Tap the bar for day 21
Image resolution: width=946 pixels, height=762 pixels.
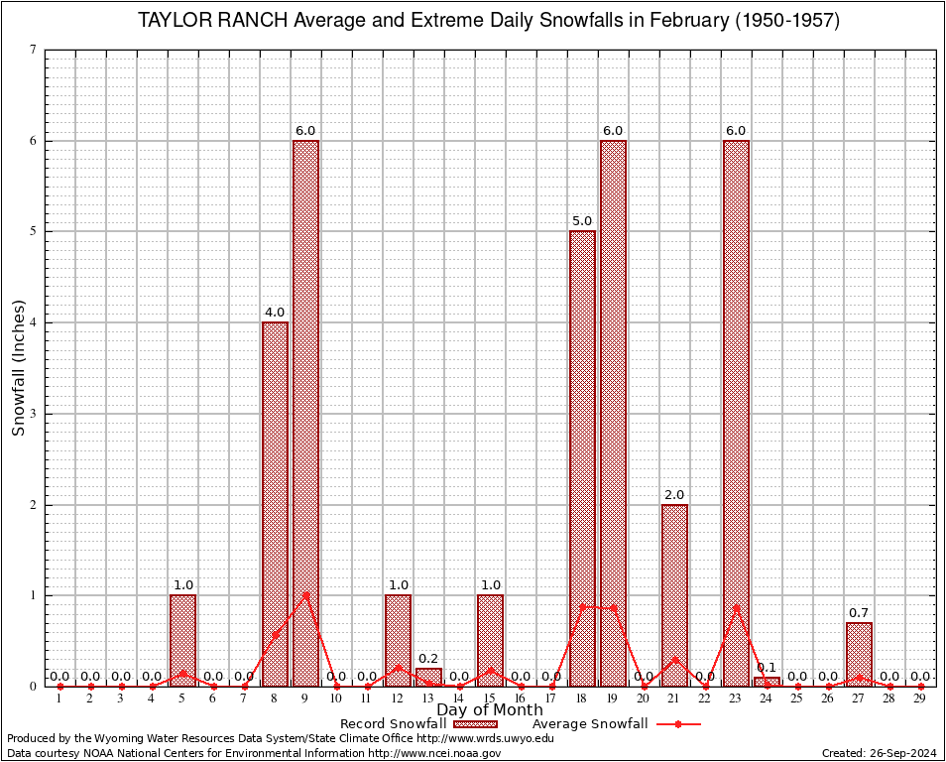[x=674, y=595]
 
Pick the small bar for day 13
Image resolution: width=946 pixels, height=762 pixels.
[x=428, y=678]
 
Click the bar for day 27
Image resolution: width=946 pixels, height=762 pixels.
[x=859, y=655]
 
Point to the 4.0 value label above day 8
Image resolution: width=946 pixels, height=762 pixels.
[x=275, y=313]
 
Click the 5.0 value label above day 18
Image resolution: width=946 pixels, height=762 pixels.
[x=582, y=221]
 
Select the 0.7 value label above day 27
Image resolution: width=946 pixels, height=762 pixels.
[x=859, y=613]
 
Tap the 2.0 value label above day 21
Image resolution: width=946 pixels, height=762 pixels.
[x=674, y=495]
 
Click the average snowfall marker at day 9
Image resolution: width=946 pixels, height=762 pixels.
[x=305, y=595]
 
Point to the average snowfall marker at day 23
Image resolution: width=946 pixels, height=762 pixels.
[x=736, y=607]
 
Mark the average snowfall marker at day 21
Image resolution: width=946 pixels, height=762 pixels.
[x=674, y=659]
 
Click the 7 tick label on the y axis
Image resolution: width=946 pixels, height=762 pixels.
[x=33, y=50]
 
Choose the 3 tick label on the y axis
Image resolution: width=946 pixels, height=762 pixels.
[x=33, y=414]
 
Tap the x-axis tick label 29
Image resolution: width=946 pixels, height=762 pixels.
[x=920, y=699]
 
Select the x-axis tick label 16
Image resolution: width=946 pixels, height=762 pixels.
[x=521, y=699]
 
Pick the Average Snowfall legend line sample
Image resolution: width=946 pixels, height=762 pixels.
[x=678, y=724]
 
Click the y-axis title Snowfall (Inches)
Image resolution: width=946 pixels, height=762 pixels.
[x=18, y=367]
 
